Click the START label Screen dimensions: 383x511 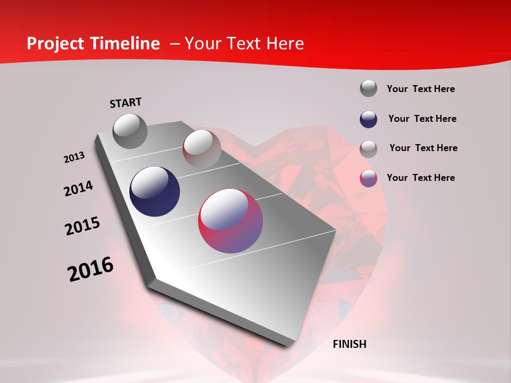pos(126,103)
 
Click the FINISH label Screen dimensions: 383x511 pos(350,344)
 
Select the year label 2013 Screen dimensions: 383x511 pos(75,157)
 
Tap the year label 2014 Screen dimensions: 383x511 pos(78,189)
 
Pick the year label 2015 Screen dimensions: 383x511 pos(83,226)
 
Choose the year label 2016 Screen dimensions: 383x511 pos(90,269)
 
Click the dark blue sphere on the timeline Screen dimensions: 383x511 pos(155,191)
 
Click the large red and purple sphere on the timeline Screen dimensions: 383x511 pos(230,221)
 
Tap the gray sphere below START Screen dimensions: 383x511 pos(130,131)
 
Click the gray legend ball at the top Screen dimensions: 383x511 pos(368,88)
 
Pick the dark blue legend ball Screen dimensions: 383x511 pos(368,119)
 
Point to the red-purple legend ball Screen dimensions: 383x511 pos(368,178)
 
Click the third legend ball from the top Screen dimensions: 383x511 pos(368,148)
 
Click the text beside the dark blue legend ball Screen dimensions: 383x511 pos(422,119)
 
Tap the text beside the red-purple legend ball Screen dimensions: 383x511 pos(421,178)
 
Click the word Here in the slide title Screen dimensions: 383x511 pos(285,44)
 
